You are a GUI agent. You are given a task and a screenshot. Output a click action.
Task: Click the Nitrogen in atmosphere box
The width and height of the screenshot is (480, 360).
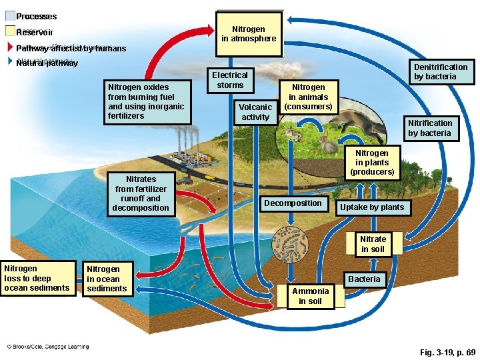(x=249, y=34)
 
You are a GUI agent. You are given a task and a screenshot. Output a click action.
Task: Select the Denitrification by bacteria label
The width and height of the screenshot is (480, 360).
(x=441, y=71)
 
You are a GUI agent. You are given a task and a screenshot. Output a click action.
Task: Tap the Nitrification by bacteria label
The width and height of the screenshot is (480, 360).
(x=430, y=127)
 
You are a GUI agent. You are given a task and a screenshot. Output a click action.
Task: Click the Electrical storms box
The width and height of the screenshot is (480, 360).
(x=230, y=80)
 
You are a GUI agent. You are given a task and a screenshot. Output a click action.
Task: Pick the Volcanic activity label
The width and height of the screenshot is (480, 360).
(x=255, y=111)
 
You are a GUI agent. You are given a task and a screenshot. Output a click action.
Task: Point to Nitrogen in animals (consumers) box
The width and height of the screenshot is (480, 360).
(x=308, y=97)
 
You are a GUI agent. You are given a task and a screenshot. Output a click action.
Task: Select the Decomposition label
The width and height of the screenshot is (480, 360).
(x=293, y=203)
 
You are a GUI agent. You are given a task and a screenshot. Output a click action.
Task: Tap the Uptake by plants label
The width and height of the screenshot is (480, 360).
(x=372, y=207)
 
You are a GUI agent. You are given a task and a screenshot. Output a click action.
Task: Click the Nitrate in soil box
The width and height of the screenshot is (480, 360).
(x=373, y=244)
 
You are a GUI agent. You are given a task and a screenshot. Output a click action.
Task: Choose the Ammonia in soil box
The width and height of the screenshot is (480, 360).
(x=310, y=295)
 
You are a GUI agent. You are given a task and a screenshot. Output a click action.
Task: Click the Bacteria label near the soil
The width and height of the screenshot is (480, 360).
(x=365, y=279)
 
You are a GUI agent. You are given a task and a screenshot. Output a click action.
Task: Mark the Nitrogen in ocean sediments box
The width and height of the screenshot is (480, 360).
(x=107, y=279)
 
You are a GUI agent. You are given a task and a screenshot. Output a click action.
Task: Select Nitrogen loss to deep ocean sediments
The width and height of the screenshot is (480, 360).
(x=37, y=278)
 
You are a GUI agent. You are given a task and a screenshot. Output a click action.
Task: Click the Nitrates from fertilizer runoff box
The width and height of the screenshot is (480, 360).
(x=141, y=193)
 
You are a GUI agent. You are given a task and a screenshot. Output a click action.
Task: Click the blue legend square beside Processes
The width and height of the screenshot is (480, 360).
(x=10, y=16)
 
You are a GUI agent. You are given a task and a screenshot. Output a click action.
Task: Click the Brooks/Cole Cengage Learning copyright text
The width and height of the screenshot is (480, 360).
(x=48, y=347)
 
